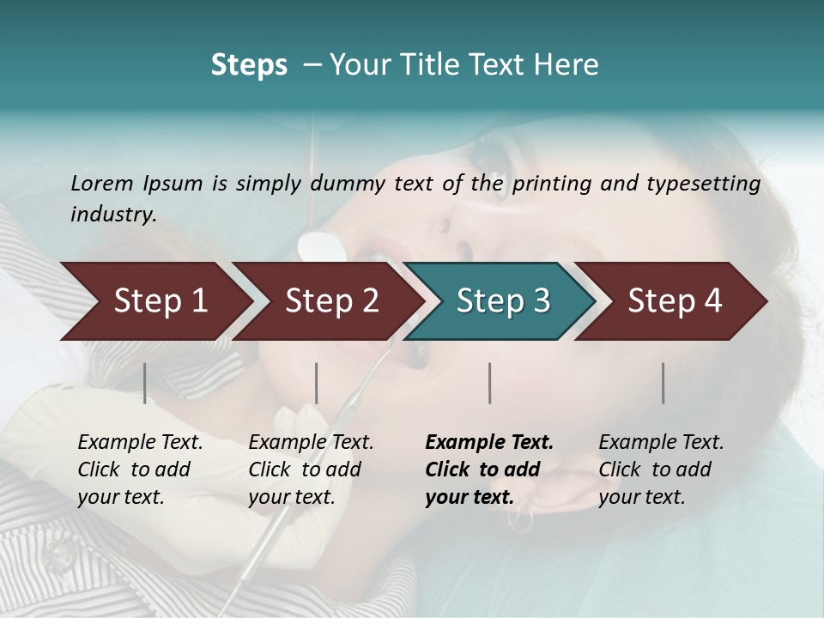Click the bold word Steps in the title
(249, 65)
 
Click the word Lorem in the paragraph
(101, 183)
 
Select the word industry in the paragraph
(113, 214)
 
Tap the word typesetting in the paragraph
(702, 183)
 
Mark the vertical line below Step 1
(144, 383)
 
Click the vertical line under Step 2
(317, 383)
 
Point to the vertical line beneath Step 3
(489, 383)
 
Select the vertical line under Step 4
(663, 383)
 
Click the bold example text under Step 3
(488, 470)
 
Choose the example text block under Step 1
(140, 470)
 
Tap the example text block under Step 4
(661, 470)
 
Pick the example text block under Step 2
(311, 470)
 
